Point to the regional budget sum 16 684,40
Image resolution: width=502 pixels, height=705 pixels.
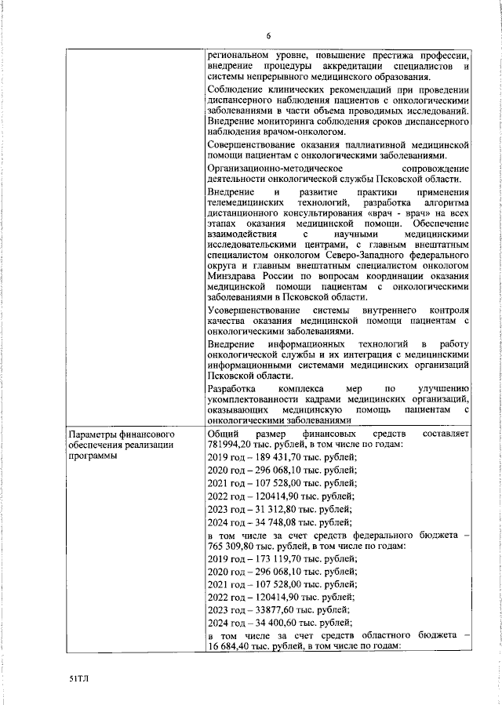233,648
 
